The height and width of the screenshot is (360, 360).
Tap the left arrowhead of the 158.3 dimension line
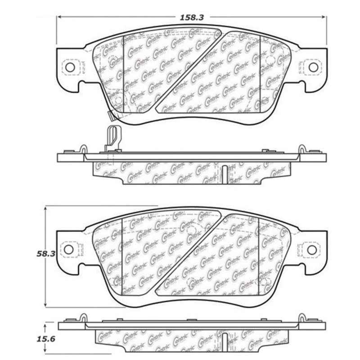[60, 17]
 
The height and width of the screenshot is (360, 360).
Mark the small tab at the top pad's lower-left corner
[112, 116]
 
